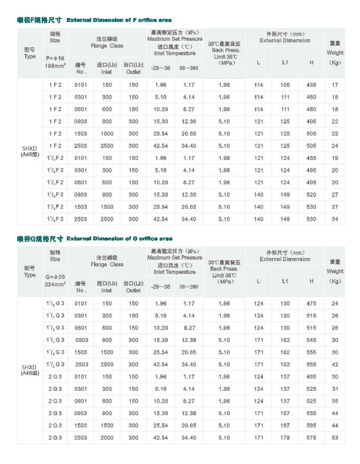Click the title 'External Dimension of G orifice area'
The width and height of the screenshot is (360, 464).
pos(120,238)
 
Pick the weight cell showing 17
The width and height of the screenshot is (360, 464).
pos(335,85)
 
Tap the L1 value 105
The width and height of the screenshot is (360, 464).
pos(285,85)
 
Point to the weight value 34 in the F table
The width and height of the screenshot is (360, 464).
pos(335,219)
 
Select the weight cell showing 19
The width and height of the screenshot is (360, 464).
pos(335,158)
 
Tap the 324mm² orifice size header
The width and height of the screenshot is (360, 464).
pos(55,284)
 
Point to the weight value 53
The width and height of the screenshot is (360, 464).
pos(335,438)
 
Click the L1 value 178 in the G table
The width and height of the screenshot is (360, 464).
pos(285,438)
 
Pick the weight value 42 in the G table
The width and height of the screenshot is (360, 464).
pos(335,365)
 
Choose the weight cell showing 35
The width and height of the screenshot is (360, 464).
pos(335,401)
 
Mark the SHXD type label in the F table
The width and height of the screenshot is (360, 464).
pos(30,150)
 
